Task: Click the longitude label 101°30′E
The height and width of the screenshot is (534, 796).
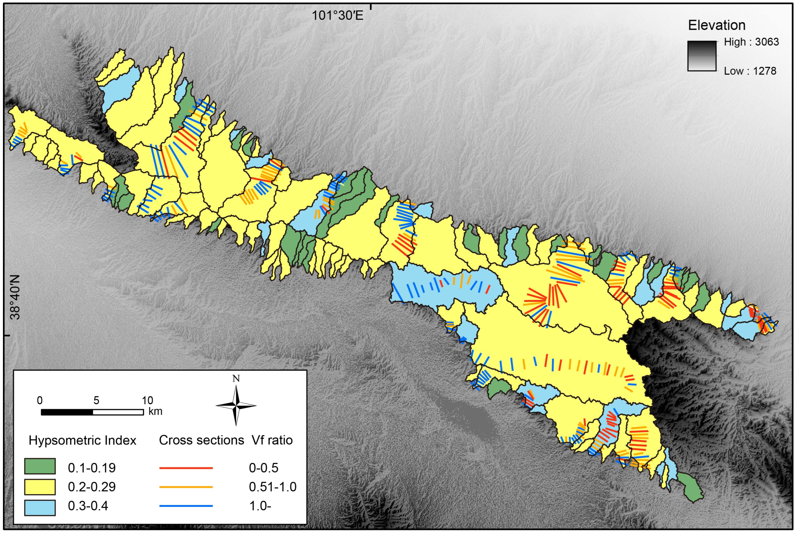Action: [x=338, y=15]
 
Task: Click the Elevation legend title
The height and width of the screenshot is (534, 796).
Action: [x=717, y=25]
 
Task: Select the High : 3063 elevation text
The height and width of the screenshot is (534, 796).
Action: [x=751, y=42]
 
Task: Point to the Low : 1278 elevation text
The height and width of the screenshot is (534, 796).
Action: [x=750, y=71]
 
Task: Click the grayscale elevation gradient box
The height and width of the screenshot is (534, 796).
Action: [x=701, y=56]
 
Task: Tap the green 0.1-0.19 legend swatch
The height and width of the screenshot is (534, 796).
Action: [x=40, y=467]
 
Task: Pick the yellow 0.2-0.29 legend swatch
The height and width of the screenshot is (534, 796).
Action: [x=40, y=487]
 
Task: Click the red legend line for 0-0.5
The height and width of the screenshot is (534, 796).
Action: [x=186, y=468]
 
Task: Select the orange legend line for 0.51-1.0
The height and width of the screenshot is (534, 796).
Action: [x=186, y=487]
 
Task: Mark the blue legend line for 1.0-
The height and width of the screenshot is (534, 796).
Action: [x=186, y=506]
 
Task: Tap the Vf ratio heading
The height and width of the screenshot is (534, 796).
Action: [x=272, y=440]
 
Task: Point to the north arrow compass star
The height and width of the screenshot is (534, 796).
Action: [x=236, y=406]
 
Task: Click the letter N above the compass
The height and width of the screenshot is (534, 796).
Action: [x=236, y=379]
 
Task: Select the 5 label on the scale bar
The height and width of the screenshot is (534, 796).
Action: [x=96, y=400]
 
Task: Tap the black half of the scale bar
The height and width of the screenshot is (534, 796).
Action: [x=67, y=412]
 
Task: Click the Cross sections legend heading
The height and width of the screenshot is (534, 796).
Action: [x=201, y=440]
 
